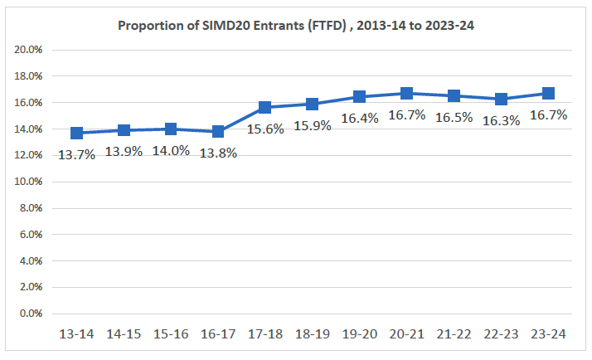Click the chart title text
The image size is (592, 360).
coord(296,25)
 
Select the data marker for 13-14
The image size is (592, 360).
coord(77,133)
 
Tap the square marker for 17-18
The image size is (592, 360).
coord(265,107)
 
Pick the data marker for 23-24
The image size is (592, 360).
coord(548,93)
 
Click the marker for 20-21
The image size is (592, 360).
coord(407,93)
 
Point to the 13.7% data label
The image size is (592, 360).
coord(76,154)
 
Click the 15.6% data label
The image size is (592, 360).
coord(265,129)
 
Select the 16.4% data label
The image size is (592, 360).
coord(360,119)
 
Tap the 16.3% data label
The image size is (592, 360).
coord(501,120)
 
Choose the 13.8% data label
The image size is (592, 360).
coord(217,153)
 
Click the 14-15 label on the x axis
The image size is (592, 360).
coord(124,333)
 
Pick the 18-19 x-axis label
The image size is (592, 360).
coord(313,333)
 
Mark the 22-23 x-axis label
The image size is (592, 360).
coord(501,333)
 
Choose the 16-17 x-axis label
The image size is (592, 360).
coord(218,333)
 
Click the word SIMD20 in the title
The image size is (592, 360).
coord(211,25)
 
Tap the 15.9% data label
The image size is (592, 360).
coord(313,126)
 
